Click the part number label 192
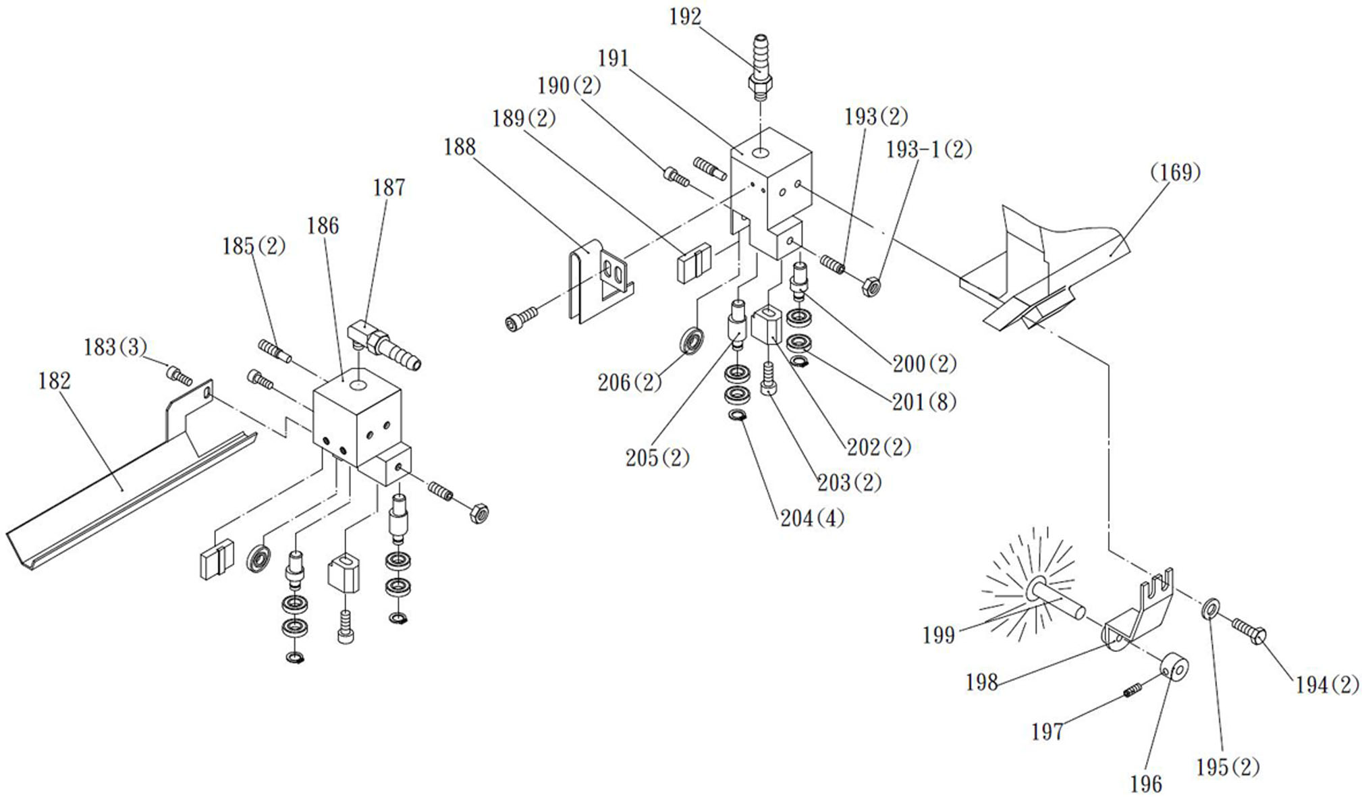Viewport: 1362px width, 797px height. [685, 17]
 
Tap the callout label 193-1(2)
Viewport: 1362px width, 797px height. [929, 150]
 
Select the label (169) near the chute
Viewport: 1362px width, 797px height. [1175, 173]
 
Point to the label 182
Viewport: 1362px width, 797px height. [55, 381]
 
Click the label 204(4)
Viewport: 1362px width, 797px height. [813, 518]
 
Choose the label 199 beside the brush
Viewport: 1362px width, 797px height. [939, 635]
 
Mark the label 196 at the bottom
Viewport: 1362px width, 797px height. [1146, 784]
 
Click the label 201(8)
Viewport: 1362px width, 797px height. [924, 402]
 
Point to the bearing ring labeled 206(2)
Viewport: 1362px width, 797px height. [692, 340]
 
